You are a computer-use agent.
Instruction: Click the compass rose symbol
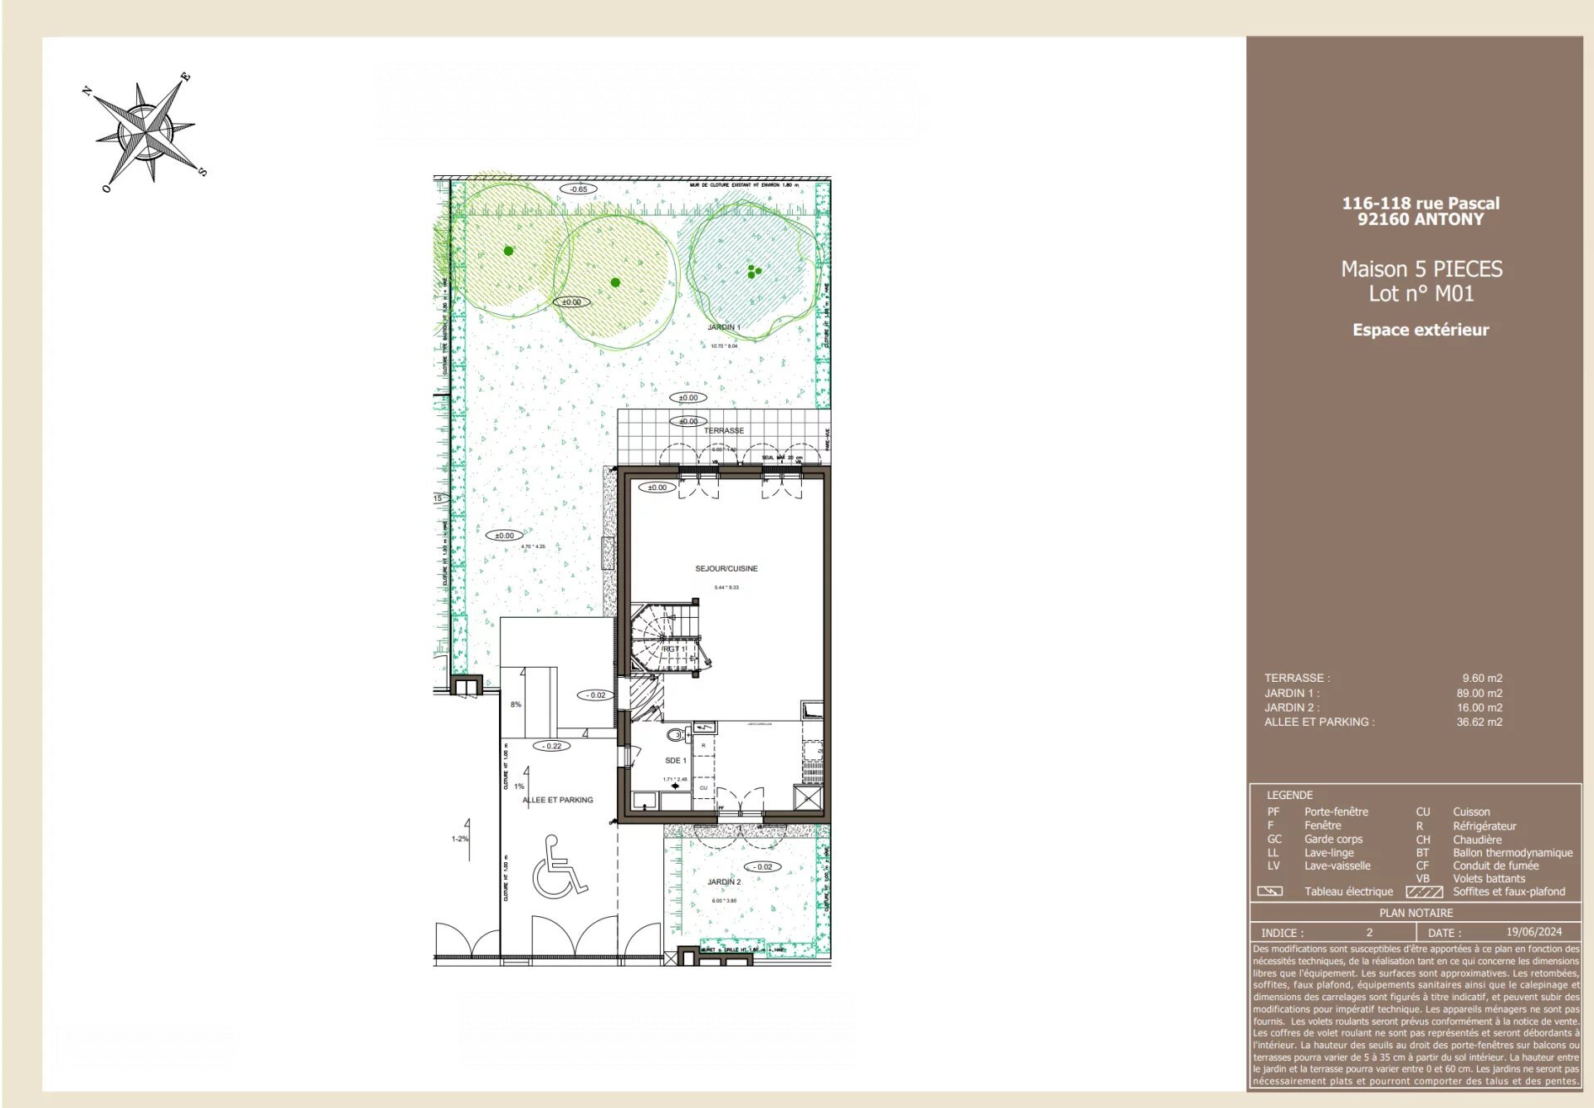pos(146,130)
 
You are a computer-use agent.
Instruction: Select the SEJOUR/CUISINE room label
pos(726,569)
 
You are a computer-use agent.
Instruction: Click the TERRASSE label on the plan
pos(723,430)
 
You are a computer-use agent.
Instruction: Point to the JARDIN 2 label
pos(723,882)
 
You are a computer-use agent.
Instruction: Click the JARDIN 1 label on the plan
pos(723,327)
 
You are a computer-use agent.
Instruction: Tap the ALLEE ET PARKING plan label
pos(557,800)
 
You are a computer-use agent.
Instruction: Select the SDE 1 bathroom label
pos(675,761)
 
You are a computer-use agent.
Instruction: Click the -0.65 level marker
pos(578,189)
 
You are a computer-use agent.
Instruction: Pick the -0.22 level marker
pos(552,746)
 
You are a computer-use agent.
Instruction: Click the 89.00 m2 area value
pos(1479,693)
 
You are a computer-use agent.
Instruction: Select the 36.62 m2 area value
pos(1479,722)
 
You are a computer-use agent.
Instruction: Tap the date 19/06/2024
pos(1533,932)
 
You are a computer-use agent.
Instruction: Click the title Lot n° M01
pos(1420,293)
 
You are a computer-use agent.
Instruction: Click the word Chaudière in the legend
pos(1476,840)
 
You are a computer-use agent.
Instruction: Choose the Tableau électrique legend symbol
pos(1269,891)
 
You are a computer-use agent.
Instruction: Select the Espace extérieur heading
pos(1420,330)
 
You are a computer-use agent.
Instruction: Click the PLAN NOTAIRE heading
pos(1416,913)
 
